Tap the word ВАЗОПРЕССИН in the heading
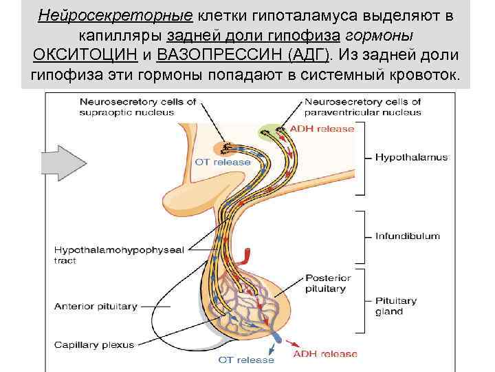217,54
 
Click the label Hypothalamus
411,157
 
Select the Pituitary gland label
396,306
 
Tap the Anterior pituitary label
96,306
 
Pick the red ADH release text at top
322,129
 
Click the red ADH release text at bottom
325,354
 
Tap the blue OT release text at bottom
246,360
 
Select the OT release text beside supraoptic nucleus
223,163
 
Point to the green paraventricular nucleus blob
274,132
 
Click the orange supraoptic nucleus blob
224,147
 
